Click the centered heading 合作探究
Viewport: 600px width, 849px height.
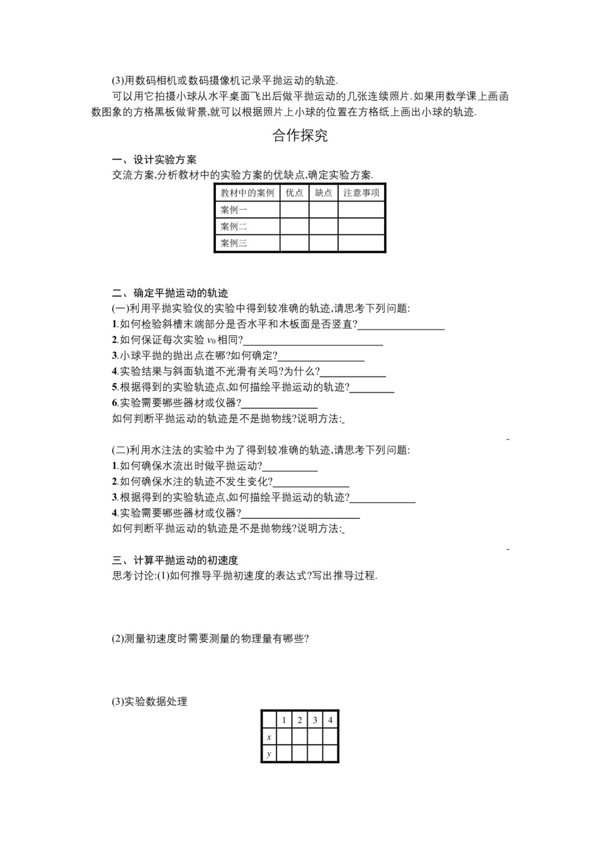click(x=300, y=136)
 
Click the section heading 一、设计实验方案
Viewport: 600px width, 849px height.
click(x=154, y=160)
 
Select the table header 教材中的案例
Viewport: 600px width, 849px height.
click(x=247, y=193)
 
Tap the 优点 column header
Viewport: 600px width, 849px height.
click(x=295, y=193)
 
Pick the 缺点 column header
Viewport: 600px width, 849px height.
click(x=323, y=193)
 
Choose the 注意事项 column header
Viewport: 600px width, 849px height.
click(x=361, y=193)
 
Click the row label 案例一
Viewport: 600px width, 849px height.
click(x=234, y=210)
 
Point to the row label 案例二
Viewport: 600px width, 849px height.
click(x=234, y=226)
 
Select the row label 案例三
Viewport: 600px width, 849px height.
click(x=234, y=243)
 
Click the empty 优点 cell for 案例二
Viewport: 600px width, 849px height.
click(x=295, y=226)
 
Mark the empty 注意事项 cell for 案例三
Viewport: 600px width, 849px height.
click(x=361, y=243)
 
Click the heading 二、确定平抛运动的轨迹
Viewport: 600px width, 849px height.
click(x=170, y=294)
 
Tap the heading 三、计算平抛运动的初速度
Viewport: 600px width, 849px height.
click(x=175, y=560)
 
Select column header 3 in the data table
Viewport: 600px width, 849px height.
click(x=315, y=720)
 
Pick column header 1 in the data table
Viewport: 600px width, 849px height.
click(x=284, y=720)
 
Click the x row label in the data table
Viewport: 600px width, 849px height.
click(x=269, y=737)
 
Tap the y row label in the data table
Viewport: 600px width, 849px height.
click(x=269, y=754)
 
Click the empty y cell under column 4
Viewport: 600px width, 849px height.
click(x=331, y=754)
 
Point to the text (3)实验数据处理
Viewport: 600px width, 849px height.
click(x=150, y=701)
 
